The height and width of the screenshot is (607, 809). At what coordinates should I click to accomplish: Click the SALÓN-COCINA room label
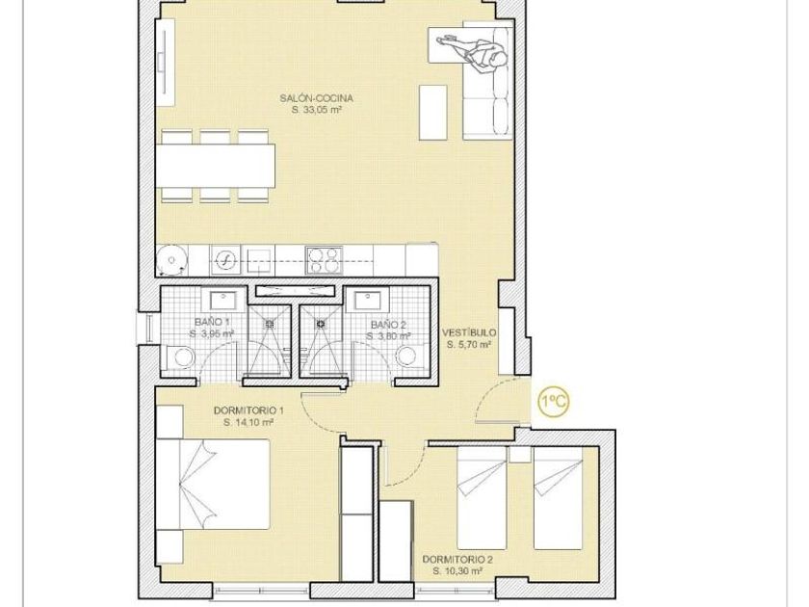pyautogui.click(x=316, y=98)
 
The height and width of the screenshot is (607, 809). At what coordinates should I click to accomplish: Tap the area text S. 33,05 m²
pyautogui.click(x=317, y=110)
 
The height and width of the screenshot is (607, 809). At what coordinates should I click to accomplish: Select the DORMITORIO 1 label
pyautogui.click(x=248, y=410)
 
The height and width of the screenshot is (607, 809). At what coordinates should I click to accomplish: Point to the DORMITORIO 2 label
pyautogui.click(x=457, y=560)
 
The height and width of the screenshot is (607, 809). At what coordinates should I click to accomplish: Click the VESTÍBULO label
pyautogui.click(x=470, y=333)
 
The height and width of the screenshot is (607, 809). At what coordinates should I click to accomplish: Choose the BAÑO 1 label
pyautogui.click(x=212, y=322)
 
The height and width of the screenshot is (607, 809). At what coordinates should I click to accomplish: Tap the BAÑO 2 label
pyautogui.click(x=388, y=325)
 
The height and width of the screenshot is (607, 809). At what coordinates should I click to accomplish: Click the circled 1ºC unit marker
pyautogui.click(x=554, y=401)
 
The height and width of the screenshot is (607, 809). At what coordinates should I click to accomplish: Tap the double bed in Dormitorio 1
pyautogui.click(x=213, y=485)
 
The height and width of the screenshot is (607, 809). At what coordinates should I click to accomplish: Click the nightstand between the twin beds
pyautogui.click(x=519, y=455)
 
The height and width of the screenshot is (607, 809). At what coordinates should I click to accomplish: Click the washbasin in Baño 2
pyautogui.click(x=367, y=300)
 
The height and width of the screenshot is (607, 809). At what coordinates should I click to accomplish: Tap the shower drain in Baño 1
pyautogui.click(x=270, y=324)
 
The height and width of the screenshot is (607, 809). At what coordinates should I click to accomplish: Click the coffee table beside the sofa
pyautogui.click(x=432, y=113)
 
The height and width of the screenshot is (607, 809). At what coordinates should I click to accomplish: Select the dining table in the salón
pyautogui.click(x=215, y=166)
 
